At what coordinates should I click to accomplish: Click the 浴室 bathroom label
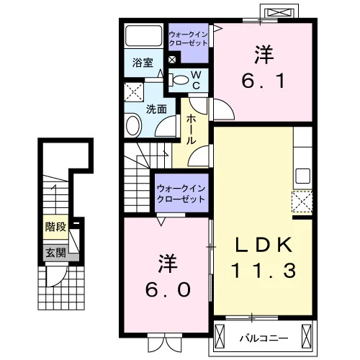143,63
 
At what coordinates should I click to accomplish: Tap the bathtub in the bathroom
143,35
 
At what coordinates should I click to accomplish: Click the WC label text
197,81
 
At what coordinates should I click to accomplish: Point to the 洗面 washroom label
156,109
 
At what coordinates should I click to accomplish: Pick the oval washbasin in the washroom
132,126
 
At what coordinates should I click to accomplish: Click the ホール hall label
191,129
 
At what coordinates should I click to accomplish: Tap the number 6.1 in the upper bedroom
264,81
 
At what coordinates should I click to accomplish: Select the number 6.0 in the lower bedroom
168,289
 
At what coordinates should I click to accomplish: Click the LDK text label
264,244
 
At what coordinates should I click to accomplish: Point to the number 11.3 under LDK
264,271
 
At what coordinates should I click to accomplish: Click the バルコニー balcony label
264,338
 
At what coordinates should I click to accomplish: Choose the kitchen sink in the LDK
302,176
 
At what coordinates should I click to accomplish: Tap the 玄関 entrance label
55,253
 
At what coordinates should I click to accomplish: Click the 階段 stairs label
55,227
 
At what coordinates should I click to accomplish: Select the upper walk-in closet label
188,39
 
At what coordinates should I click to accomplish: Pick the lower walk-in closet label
181,194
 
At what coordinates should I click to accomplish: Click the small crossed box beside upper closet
172,60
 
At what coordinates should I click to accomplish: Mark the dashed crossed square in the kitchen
302,202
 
